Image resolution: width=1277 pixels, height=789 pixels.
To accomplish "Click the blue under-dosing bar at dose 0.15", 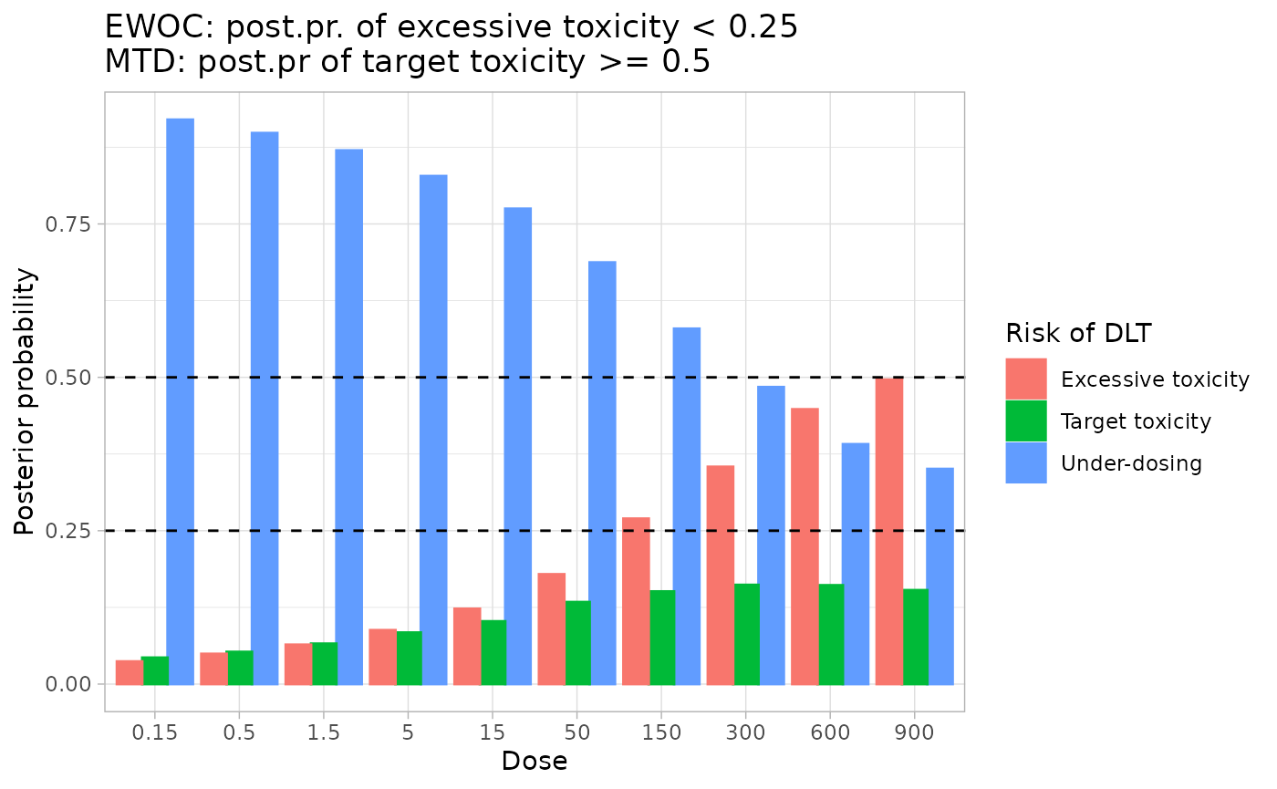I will pyautogui.click(x=181, y=401).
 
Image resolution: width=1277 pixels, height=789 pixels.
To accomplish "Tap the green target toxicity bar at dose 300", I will pyautogui.click(x=747, y=634).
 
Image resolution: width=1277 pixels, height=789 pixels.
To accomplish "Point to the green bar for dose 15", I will pyautogui.click(x=493, y=652).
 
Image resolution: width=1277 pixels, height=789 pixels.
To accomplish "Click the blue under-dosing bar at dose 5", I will pyautogui.click(x=433, y=429).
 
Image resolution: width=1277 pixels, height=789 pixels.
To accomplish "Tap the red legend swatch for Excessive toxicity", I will pyautogui.click(x=1026, y=379).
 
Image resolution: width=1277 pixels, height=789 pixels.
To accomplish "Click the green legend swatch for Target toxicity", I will pyautogui.click(x=1026, y=420).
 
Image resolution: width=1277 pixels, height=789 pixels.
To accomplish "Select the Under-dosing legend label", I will pyautogui.click(x=1131, y=463).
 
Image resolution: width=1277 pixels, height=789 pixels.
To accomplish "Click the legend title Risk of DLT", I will pyautogui.click(x=1077, y=334).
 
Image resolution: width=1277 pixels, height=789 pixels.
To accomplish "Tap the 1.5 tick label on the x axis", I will pyautogui.click(x=324, y=732).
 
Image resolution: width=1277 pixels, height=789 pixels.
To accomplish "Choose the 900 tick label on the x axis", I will pyautogui.click(x=914, y=732).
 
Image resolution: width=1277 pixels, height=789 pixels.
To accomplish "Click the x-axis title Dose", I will pyautogui.click(x=535, y=762).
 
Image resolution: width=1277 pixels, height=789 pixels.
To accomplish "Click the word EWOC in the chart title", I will pyautogui.click(x=145, y=27).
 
